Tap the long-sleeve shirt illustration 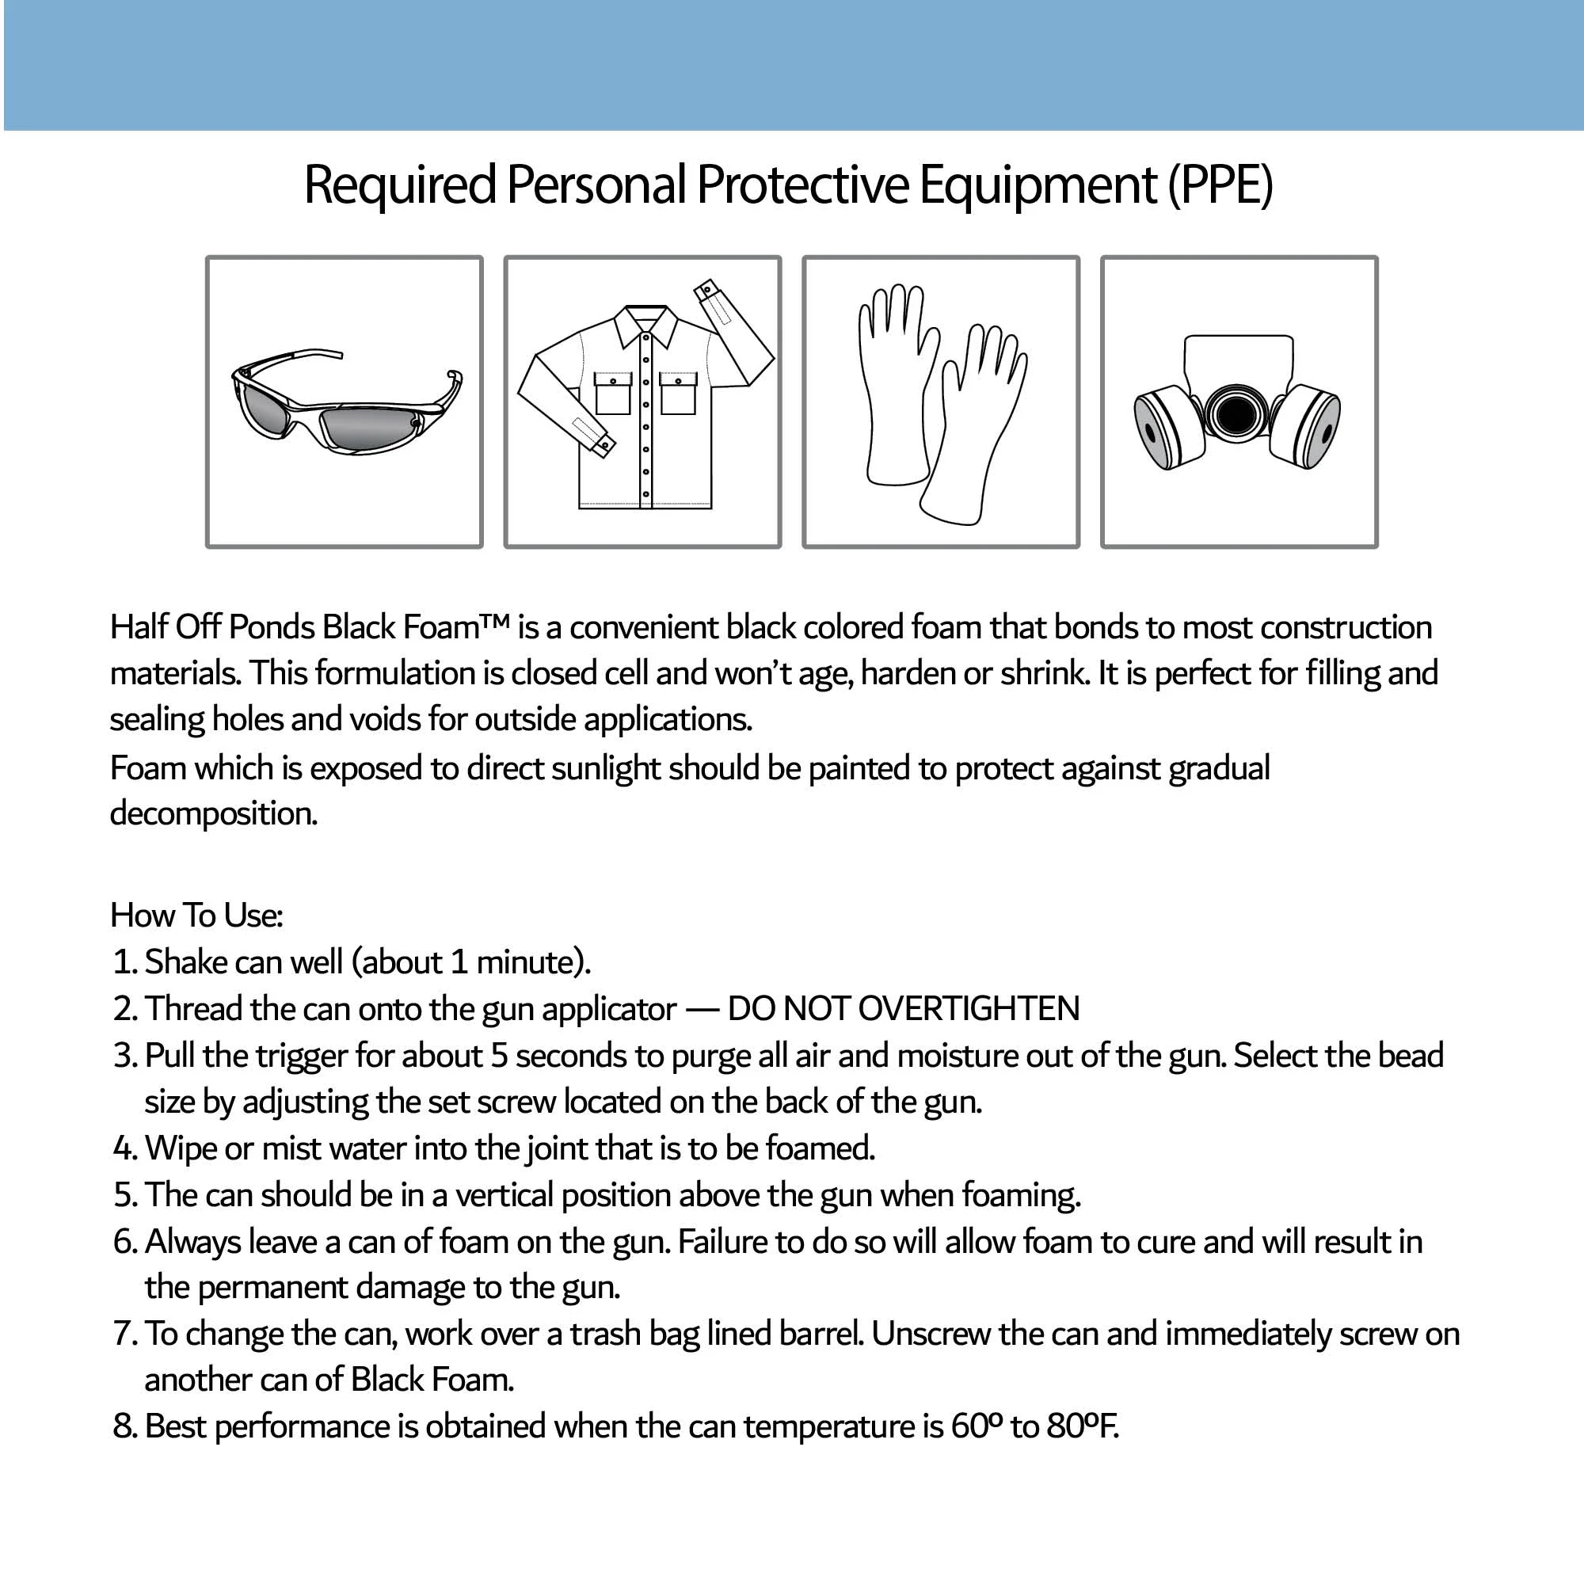click(644, 402)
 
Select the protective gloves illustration click(941, 402)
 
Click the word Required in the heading click(400, 185)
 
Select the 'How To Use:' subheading click(196, 916)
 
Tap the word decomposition click(213, 814)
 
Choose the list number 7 click(123, 1335)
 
